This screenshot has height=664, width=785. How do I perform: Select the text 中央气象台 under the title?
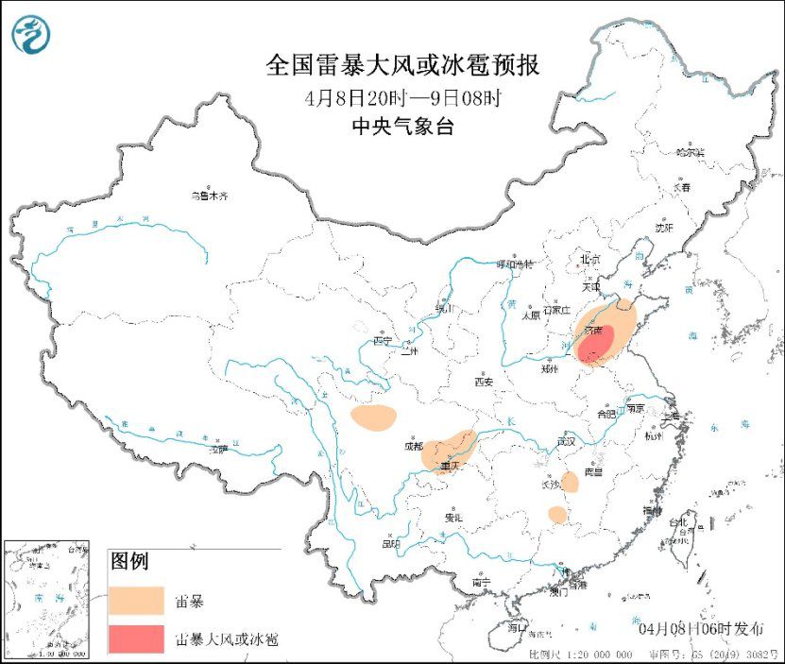[402, 127]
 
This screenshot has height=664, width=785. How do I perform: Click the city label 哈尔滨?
[691, 151]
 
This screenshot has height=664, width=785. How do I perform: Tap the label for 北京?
[589, 258]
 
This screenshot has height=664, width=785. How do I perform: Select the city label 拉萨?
[218, 451]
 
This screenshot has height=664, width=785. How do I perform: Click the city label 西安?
[484, 382]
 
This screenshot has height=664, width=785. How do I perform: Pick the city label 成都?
[413, 445]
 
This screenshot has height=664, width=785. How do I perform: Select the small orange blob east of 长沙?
[570, 482]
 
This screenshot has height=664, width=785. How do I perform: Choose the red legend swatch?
[133, 639]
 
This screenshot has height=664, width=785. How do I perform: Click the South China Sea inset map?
[46, 599]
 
